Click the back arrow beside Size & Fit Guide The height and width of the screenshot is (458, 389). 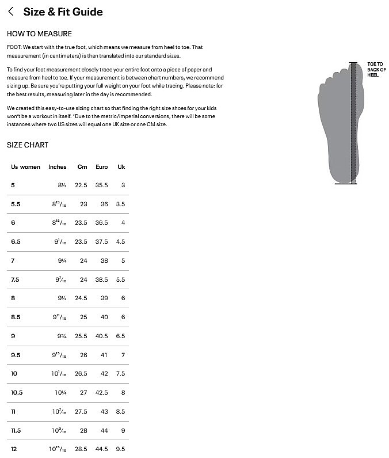(x=11, y=12)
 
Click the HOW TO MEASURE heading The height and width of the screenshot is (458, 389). (x=39, y=34)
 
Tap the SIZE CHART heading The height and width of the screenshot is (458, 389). (x=28, y=145)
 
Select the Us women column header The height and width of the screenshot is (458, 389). (x=26, y=167)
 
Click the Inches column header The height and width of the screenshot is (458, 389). (x=58, y=167)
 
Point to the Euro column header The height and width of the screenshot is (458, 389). (x=101, y=167)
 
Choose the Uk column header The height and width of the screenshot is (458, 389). (x=121, y=167)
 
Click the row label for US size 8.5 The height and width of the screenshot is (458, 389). (x=16, y=317)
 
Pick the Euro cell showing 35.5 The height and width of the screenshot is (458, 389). (x=101, y=186)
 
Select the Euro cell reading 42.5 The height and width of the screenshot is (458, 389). (x=101, y=393)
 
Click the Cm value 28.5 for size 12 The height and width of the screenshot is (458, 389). (x=81, y=449)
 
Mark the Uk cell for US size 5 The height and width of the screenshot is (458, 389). (x=123, y=186)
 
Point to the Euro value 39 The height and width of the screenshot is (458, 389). (x=104, y=298)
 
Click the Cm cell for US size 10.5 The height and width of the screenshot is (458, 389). (x=83, y=393)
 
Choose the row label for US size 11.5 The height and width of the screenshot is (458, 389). (x=16, y=430)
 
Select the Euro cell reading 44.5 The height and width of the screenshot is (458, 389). (x=101, y=449)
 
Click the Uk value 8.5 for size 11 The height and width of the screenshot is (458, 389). (x=120, y=412)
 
